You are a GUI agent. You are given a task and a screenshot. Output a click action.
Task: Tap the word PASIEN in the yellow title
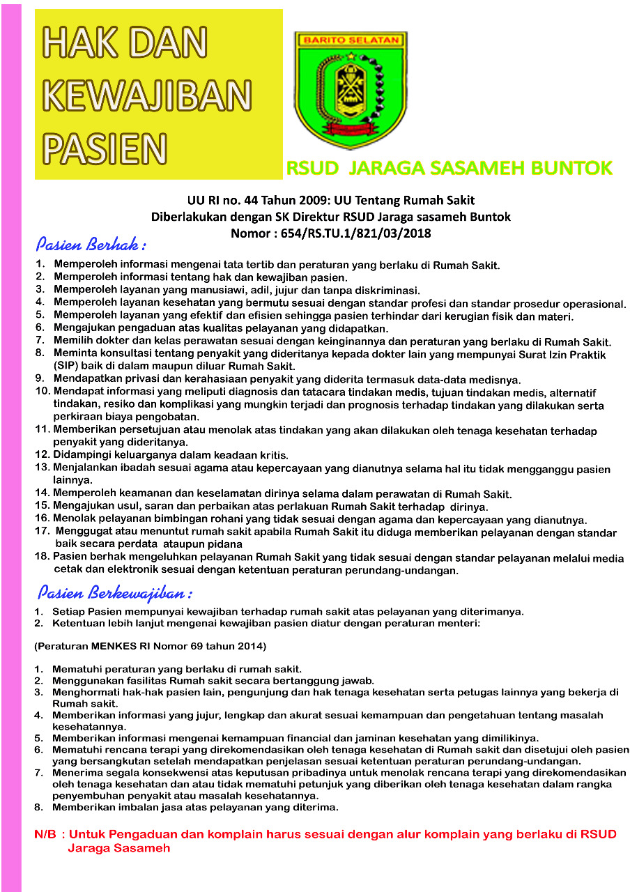105,147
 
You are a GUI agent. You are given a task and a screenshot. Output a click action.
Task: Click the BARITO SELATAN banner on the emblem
350,40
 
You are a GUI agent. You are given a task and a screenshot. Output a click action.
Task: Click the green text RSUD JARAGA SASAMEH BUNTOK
450,168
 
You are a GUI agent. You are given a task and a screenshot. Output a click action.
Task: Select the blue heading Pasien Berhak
91,245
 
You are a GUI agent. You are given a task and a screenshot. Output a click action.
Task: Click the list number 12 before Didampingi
42,454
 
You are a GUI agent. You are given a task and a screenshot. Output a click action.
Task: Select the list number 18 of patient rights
42,557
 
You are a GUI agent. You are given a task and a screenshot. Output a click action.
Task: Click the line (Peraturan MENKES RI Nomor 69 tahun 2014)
150,645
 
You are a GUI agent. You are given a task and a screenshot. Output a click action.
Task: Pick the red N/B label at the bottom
45,834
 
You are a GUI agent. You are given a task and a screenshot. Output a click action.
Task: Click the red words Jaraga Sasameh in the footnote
118,848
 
